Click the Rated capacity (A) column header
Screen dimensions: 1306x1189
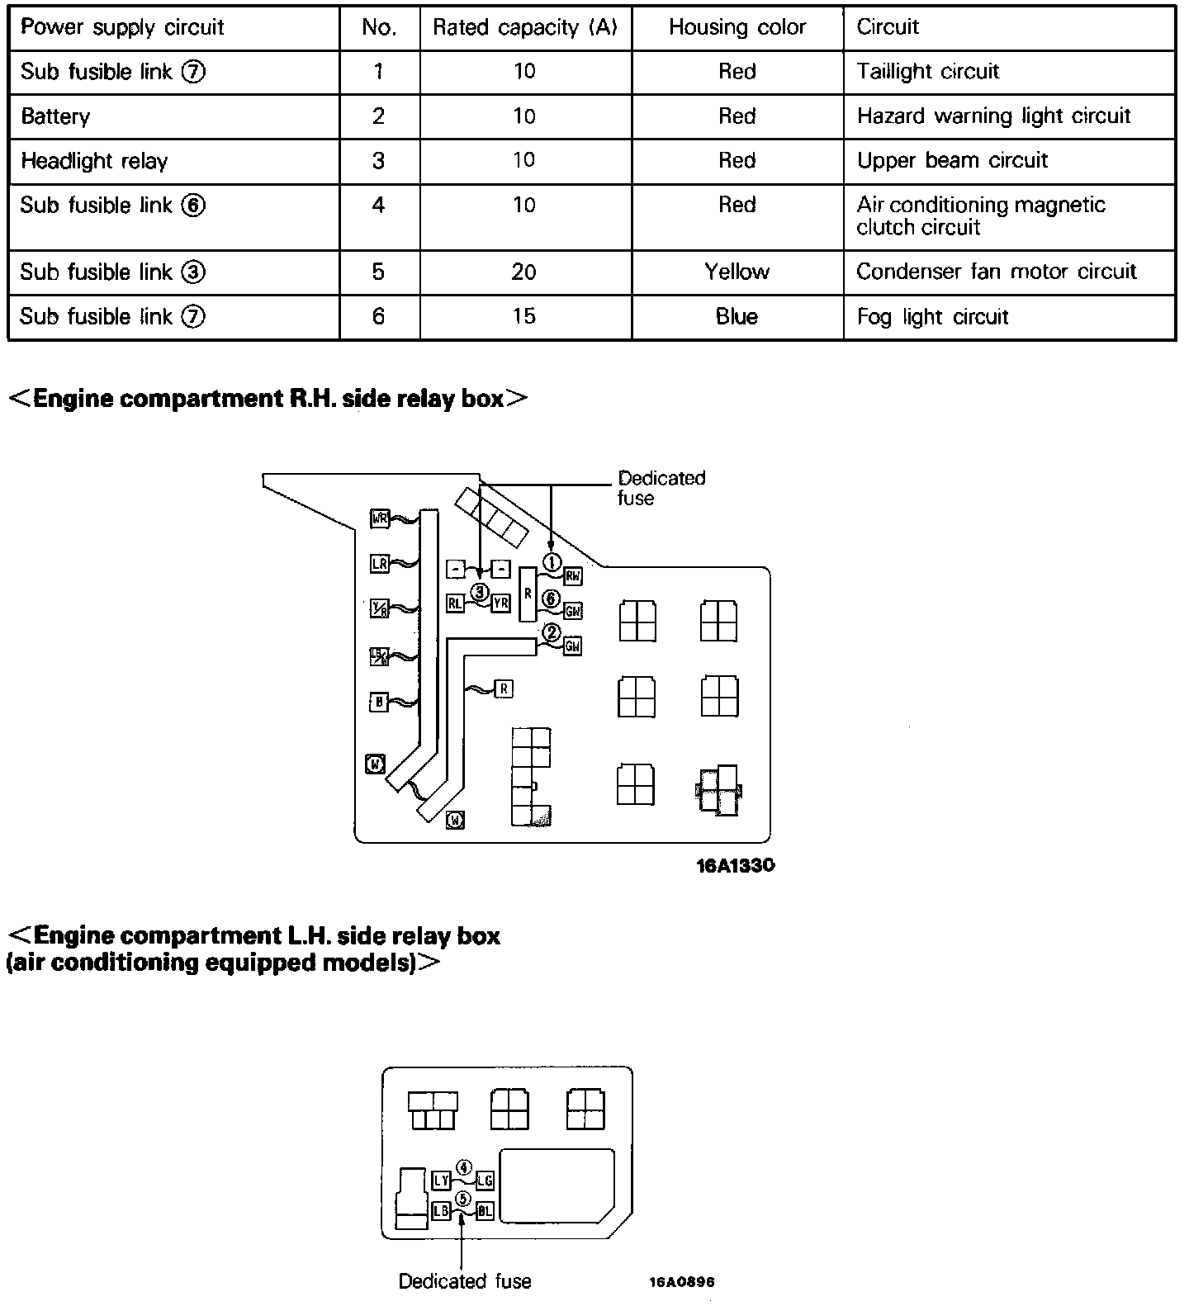(x=525, y=27)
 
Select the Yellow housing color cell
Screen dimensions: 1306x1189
(x=737, y=272)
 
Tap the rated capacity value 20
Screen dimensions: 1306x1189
(x=524, y=272)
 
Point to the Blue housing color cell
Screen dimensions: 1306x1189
(x=737, y=316)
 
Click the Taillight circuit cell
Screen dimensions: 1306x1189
(x=927, y=72)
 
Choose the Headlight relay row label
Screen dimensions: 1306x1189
(x=94, y=161)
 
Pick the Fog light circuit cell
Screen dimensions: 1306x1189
(x=932, y=317)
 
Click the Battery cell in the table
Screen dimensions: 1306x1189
(x=55, y=116)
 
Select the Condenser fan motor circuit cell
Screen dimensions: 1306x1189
(x=996, y=272)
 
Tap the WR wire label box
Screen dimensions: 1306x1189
(x=380, y=519)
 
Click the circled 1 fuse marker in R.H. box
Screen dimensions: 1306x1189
(x=552, y=562)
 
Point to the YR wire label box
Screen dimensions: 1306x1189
(x=500, y=603)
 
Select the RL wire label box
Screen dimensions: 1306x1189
(x=455, y=603)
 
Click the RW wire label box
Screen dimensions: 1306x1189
(x=572, y=576)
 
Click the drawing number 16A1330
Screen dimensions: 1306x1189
(x=735, y=866)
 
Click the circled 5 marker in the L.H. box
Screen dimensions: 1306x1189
(x=463, y=1198)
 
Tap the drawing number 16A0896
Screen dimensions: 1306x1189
(x=681, y=1282)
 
